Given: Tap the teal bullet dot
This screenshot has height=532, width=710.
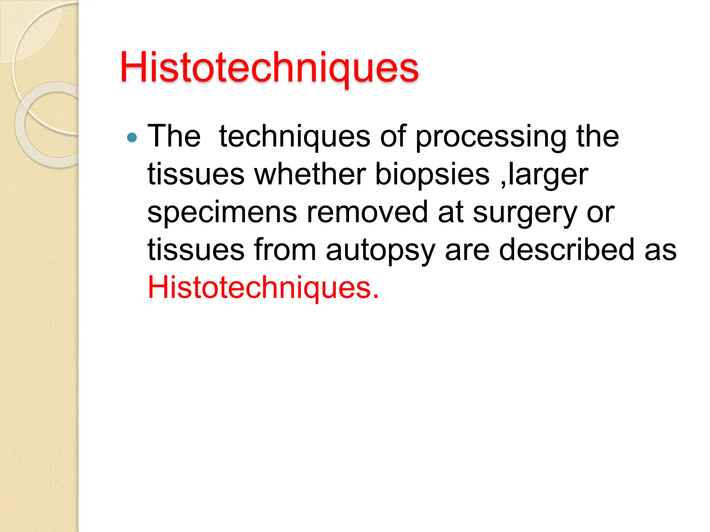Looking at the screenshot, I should click(x=132, y=138).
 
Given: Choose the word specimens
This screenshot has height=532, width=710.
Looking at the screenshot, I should click(x=222, y=213).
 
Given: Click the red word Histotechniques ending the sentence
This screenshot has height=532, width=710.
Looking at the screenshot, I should click(x=263, y=287).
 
